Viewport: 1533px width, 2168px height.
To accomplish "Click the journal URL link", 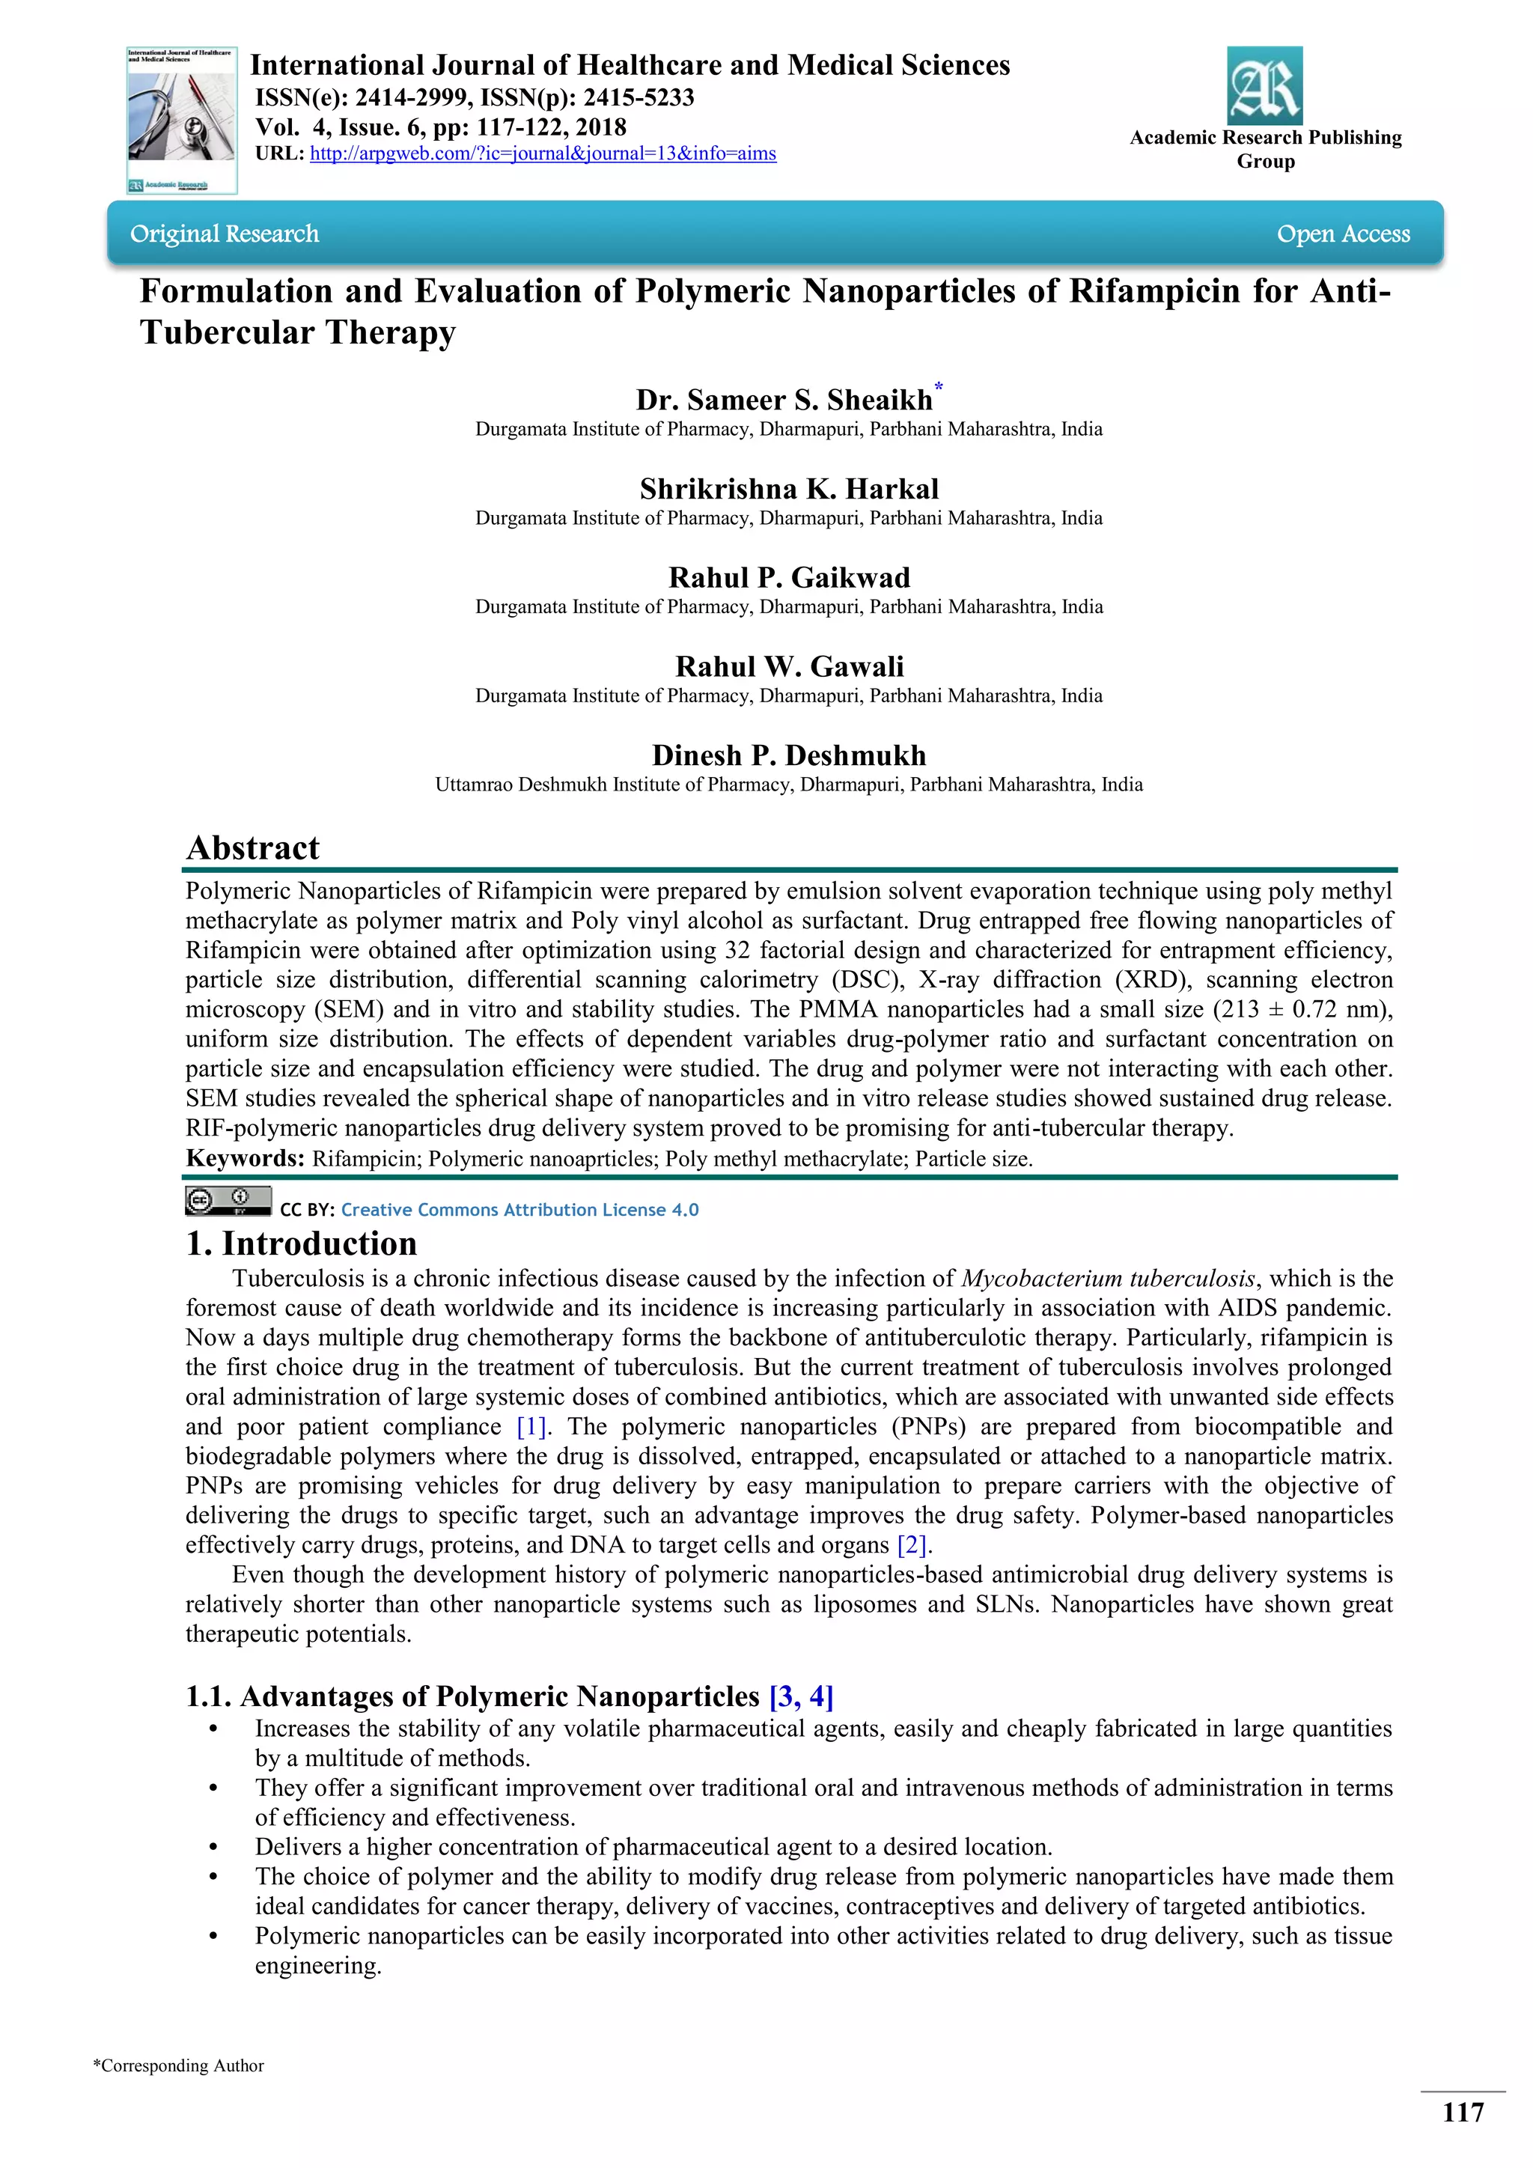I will point(543,154).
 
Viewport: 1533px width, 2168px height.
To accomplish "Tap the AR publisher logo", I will point(1264,86).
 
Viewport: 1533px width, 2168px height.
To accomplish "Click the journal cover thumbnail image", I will point(181,121).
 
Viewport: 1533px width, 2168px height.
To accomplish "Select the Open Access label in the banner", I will point(1342,234).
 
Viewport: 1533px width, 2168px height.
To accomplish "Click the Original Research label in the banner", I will point(225,234).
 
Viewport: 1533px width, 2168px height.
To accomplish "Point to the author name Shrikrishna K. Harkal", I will point(789,489).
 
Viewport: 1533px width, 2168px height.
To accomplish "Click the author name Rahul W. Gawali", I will point(789,666).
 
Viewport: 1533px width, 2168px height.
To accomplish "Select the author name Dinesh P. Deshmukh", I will point(789,755).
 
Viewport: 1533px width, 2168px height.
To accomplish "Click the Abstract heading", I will point(253,848).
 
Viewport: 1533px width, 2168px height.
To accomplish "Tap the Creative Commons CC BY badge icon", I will point(228,1201).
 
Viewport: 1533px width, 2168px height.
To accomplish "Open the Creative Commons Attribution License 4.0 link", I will point(519,1210).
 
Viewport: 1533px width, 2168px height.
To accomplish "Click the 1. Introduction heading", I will point(302,1243).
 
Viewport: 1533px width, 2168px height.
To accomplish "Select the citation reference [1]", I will point(531,1426).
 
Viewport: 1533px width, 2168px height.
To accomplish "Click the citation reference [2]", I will point(912,1545).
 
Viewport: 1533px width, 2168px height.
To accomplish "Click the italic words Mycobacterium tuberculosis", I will point(1109,1279).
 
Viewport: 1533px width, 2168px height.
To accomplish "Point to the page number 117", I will point(1462,2113).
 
